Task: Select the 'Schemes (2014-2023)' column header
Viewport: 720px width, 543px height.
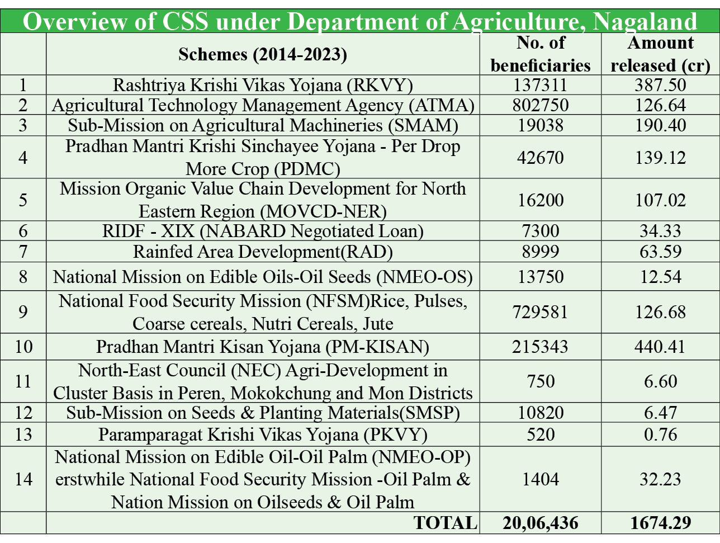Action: pos(263,54)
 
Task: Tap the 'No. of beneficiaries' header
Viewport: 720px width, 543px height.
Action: pos(541,54)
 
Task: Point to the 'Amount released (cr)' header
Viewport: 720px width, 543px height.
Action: pos(660,54)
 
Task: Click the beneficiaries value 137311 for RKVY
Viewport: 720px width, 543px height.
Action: pos(541,85)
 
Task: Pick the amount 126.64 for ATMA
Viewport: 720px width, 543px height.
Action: pos(660,105)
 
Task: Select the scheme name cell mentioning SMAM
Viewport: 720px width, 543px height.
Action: pos(263,125)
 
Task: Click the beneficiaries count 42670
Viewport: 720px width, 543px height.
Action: pos(541,157)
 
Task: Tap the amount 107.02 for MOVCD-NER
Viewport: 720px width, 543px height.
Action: pos(660,200)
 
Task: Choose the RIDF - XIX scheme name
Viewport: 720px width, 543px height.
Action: pos(263,231)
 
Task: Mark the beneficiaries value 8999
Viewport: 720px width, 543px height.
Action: pos(541,252)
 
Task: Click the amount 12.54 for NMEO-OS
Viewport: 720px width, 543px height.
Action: pos(660,277)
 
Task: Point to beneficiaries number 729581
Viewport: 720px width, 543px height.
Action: pos(541,311)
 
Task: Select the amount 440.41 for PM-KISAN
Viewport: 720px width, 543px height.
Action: pos(660,347)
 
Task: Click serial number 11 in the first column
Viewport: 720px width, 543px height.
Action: pos(23,381)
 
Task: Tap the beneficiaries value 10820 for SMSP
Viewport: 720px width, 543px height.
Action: pos(541,413)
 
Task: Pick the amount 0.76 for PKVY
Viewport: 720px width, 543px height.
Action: pos(660,435)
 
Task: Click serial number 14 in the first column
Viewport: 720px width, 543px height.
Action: pos(23,479)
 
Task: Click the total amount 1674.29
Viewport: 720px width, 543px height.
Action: pos(660,523)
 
